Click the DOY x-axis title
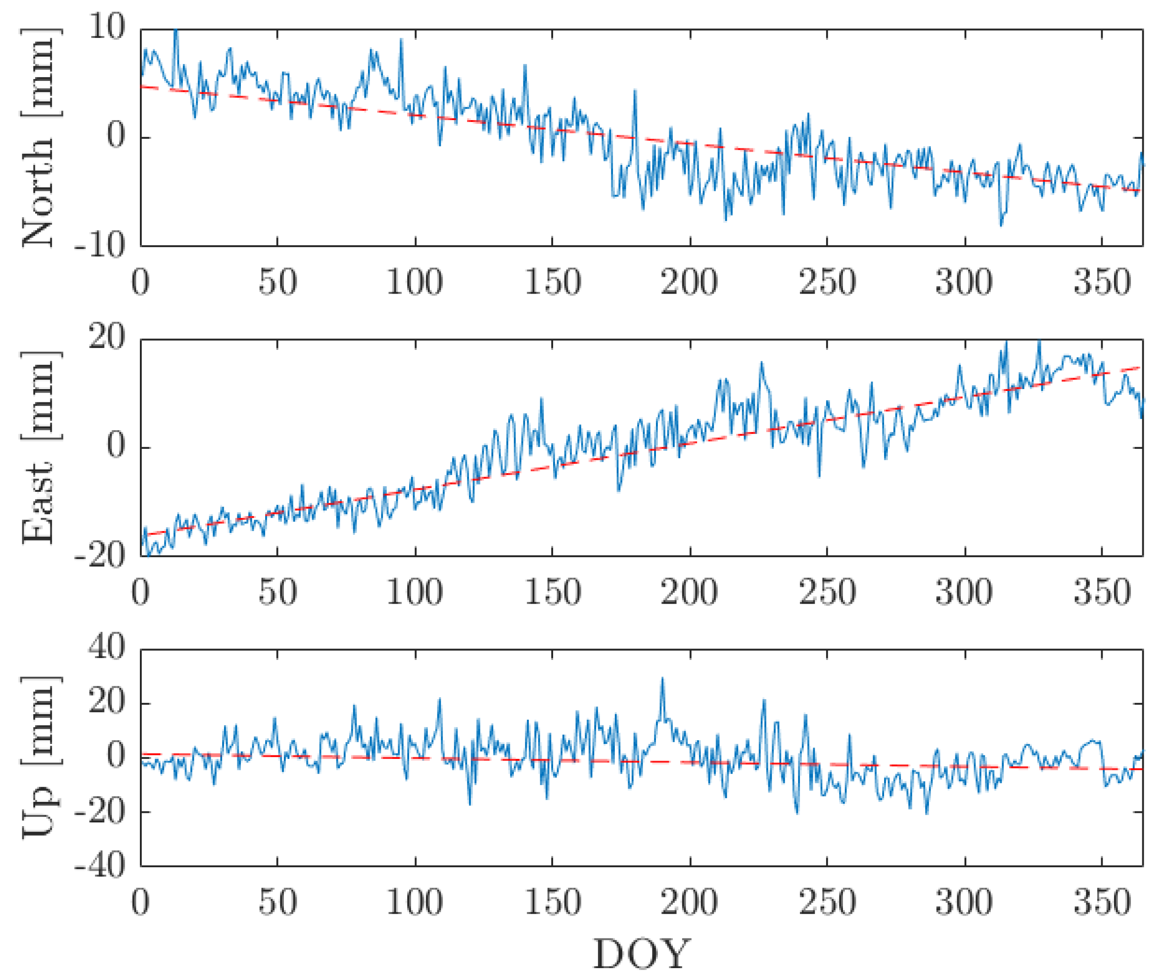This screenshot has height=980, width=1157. point(642,954)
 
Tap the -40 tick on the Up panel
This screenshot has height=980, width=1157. point(100,865)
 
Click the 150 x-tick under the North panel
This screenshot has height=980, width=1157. point(552,282)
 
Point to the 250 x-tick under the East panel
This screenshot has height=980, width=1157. point(827,592)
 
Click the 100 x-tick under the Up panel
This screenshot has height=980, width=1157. point(415,903)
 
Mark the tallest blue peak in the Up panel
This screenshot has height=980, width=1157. point(661,679)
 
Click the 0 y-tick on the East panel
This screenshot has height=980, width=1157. point(116,446)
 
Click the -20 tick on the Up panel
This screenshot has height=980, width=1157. point(100,811)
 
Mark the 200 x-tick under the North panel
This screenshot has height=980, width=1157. point(689,282)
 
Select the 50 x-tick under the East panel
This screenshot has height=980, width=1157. point(277,592)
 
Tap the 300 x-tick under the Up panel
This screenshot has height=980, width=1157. point(964,903)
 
